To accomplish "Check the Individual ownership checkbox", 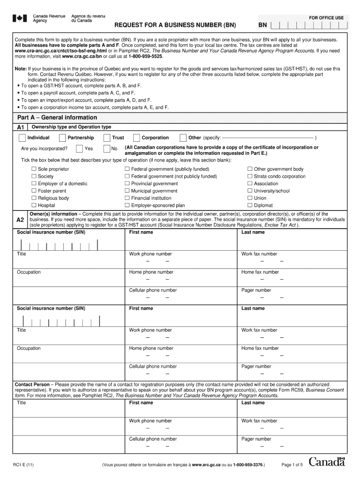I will click(22, 138).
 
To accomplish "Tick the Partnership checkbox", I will click(62, 138).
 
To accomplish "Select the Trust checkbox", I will click(107, 138).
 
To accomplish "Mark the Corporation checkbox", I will click(137, 138).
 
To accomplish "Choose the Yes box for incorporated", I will click(79, 149).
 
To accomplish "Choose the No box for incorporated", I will click(106, 149).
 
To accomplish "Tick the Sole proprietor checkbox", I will click(34, 169).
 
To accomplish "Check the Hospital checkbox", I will click(34, 205).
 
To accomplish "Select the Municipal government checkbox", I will click(127, 191).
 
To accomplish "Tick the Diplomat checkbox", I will click(250, 205).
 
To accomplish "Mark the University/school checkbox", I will click(250, 191).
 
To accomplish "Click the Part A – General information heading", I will click(57, 117).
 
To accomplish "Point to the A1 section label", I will click(21, 127).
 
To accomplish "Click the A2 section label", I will click(20, 220).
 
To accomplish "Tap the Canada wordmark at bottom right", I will click(326, 462).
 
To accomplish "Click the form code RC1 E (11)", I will click(23, 465).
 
